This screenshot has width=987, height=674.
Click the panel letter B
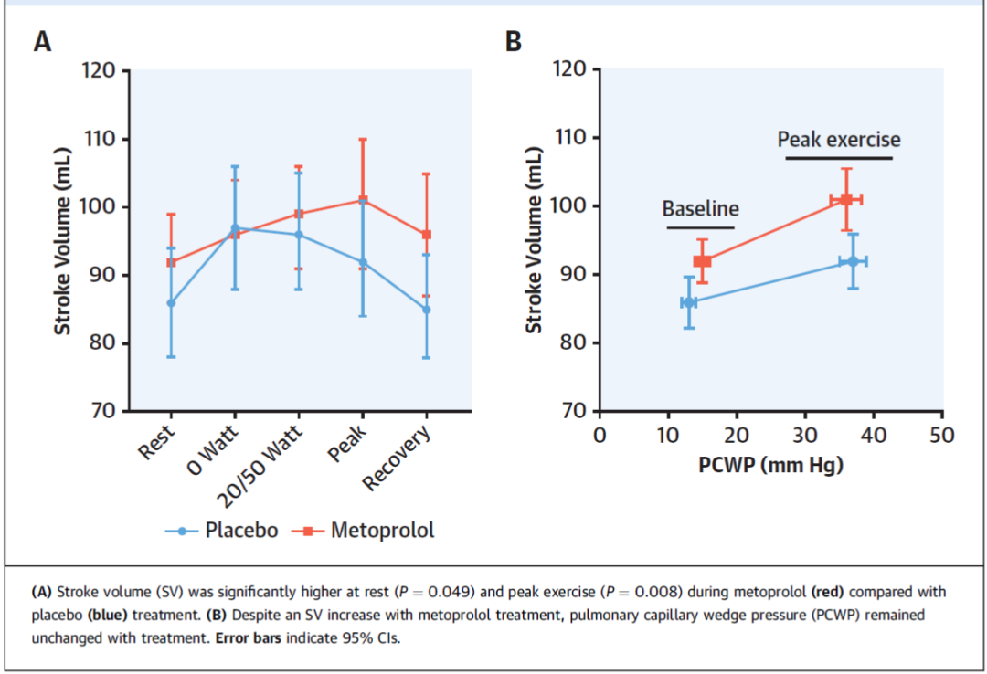(x=514, y=42)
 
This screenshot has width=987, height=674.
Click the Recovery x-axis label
(x=398, y=457)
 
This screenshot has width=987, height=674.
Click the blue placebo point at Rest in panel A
(x=171, y=302)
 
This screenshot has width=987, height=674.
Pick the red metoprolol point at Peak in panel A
(x=363, y=199)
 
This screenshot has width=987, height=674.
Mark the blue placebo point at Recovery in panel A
(x=427, y=310)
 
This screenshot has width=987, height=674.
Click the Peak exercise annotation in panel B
(x=838, y=140)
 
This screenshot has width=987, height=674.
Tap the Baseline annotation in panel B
(x=700, y=208)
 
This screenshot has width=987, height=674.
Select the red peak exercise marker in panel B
(x=846, y=199)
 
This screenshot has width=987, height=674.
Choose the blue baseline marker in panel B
(x=688, y=302)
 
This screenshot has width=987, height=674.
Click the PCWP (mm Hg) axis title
(x=770, y=465)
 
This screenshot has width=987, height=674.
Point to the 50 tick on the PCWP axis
(x=941, y=435)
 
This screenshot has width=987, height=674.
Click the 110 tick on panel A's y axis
(x=100, y=140)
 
